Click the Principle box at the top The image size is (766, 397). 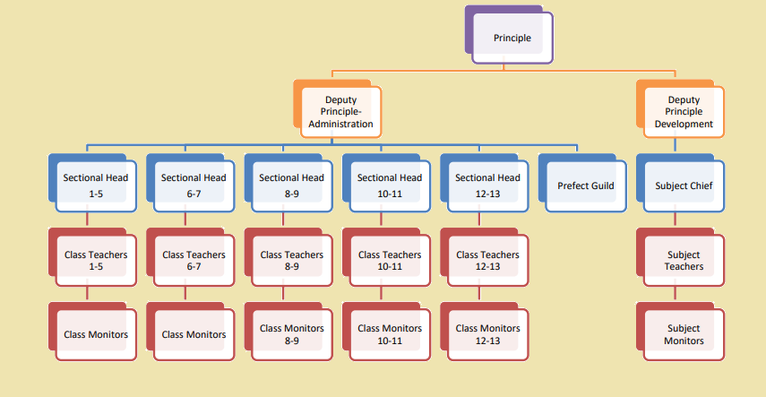tap(512, 38)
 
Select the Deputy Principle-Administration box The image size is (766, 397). tap(340, 111)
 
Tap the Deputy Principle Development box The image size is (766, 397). tap(684, 111)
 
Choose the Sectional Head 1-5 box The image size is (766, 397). tap(96, 185)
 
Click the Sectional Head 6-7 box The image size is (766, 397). tap(194, 185)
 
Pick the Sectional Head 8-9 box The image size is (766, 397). tap(291, 185)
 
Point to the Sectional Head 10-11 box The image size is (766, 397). tap(390, 185)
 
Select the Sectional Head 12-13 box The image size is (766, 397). tap(487, 185)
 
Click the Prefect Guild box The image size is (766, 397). tap(586, 185)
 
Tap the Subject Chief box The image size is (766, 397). tap(684, 185)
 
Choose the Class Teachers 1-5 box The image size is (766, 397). tap(96, 260)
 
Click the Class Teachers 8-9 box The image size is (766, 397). tap(291, 260)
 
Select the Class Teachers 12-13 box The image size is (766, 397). tap(487, 260)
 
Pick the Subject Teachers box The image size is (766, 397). tap(684, 260)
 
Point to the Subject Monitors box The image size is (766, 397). tap(684, 334)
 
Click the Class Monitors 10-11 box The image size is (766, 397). tap(390, 334)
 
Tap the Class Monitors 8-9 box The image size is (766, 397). tap(291, 334)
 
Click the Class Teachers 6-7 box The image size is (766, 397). tap(194, 260)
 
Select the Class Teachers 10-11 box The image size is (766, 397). tap(390, 260)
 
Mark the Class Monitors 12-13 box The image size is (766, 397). tap(487, 334)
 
